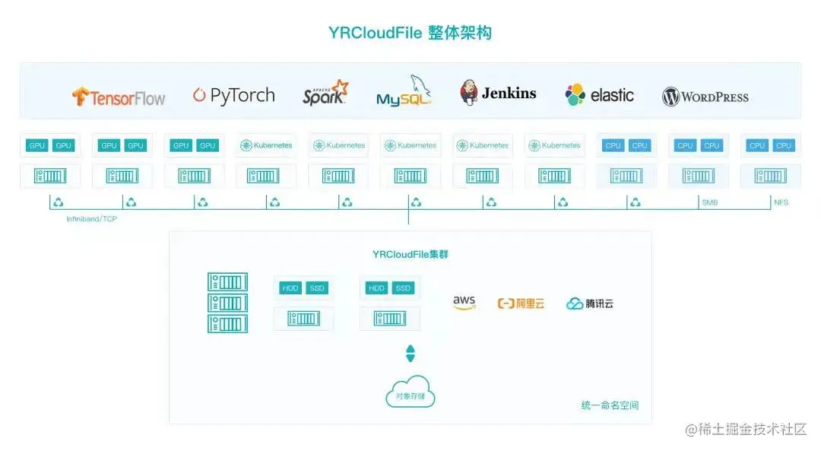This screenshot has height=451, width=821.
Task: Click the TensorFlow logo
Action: tap(119, 97)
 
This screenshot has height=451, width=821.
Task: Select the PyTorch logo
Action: tap(233, 95)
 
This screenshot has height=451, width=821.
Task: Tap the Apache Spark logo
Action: tap(325, 93)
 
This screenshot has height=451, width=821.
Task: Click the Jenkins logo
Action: tap(498, 93)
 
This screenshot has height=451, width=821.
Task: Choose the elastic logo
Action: tap(599, 95)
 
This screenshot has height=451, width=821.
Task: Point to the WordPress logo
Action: tap(705, 97)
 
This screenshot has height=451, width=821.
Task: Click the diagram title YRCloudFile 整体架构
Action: tap(410, 33)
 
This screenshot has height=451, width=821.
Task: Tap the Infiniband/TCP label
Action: tap(91, 219)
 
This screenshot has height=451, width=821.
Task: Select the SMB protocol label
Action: tap(709, 203)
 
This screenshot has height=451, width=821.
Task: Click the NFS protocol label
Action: tap(781, 203)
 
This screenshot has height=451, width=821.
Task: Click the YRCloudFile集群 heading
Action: tap(410, 254)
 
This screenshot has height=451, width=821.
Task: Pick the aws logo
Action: tap(464, 303)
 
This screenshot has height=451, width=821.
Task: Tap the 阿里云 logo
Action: tap(521, 303)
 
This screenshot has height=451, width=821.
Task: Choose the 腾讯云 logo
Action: tap(589, 303)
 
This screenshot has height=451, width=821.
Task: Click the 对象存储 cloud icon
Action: tap(410, 392)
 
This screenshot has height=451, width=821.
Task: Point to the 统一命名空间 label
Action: tap(610, 405)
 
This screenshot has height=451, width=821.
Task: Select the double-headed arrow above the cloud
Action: tap(410, 354)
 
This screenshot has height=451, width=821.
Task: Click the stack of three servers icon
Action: tap(227, 303)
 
